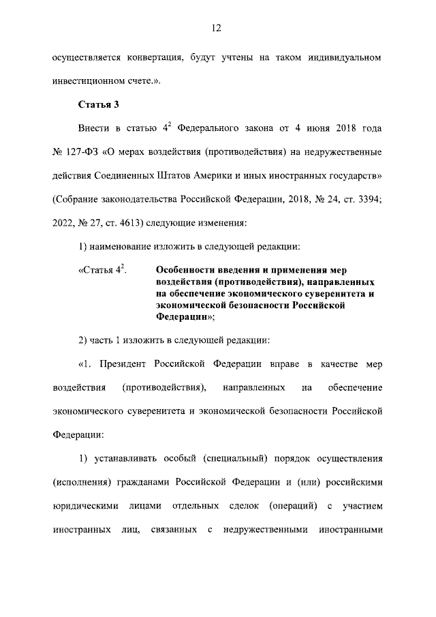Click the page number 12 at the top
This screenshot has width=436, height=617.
coord(217,28)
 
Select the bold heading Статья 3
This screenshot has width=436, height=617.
coord(100,104)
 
